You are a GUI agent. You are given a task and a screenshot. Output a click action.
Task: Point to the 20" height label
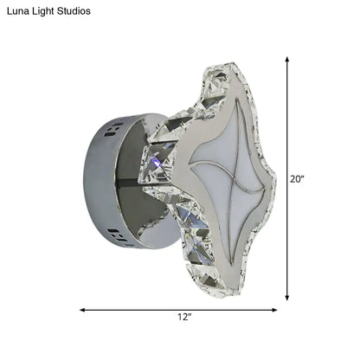[298, 179]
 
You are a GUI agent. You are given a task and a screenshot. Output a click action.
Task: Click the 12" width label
[183, 318]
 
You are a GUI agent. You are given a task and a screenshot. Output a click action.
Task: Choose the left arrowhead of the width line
[83, 309]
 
